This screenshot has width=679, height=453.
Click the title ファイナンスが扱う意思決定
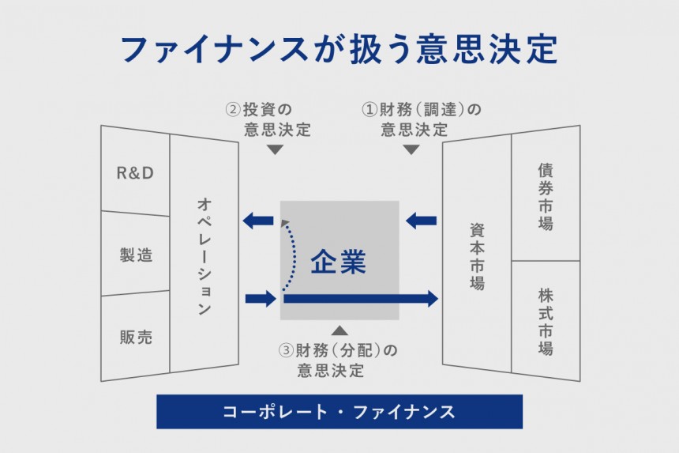pos(339,49)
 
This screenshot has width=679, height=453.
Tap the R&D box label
pos(134,173)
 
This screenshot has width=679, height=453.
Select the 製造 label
pos(136,255)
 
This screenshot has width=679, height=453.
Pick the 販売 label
pos(136,337)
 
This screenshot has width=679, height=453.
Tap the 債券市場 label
pos(546,196)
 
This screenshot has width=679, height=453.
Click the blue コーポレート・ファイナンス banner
pos(339,411)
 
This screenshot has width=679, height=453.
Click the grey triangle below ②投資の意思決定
pos(275,149)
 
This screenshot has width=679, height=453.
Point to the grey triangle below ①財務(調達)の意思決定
pos(411,149)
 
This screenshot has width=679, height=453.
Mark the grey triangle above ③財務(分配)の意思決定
pos(339,330)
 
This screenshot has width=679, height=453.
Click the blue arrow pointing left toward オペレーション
pos(257,221)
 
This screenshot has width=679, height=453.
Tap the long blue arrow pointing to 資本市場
pos(360,298)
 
